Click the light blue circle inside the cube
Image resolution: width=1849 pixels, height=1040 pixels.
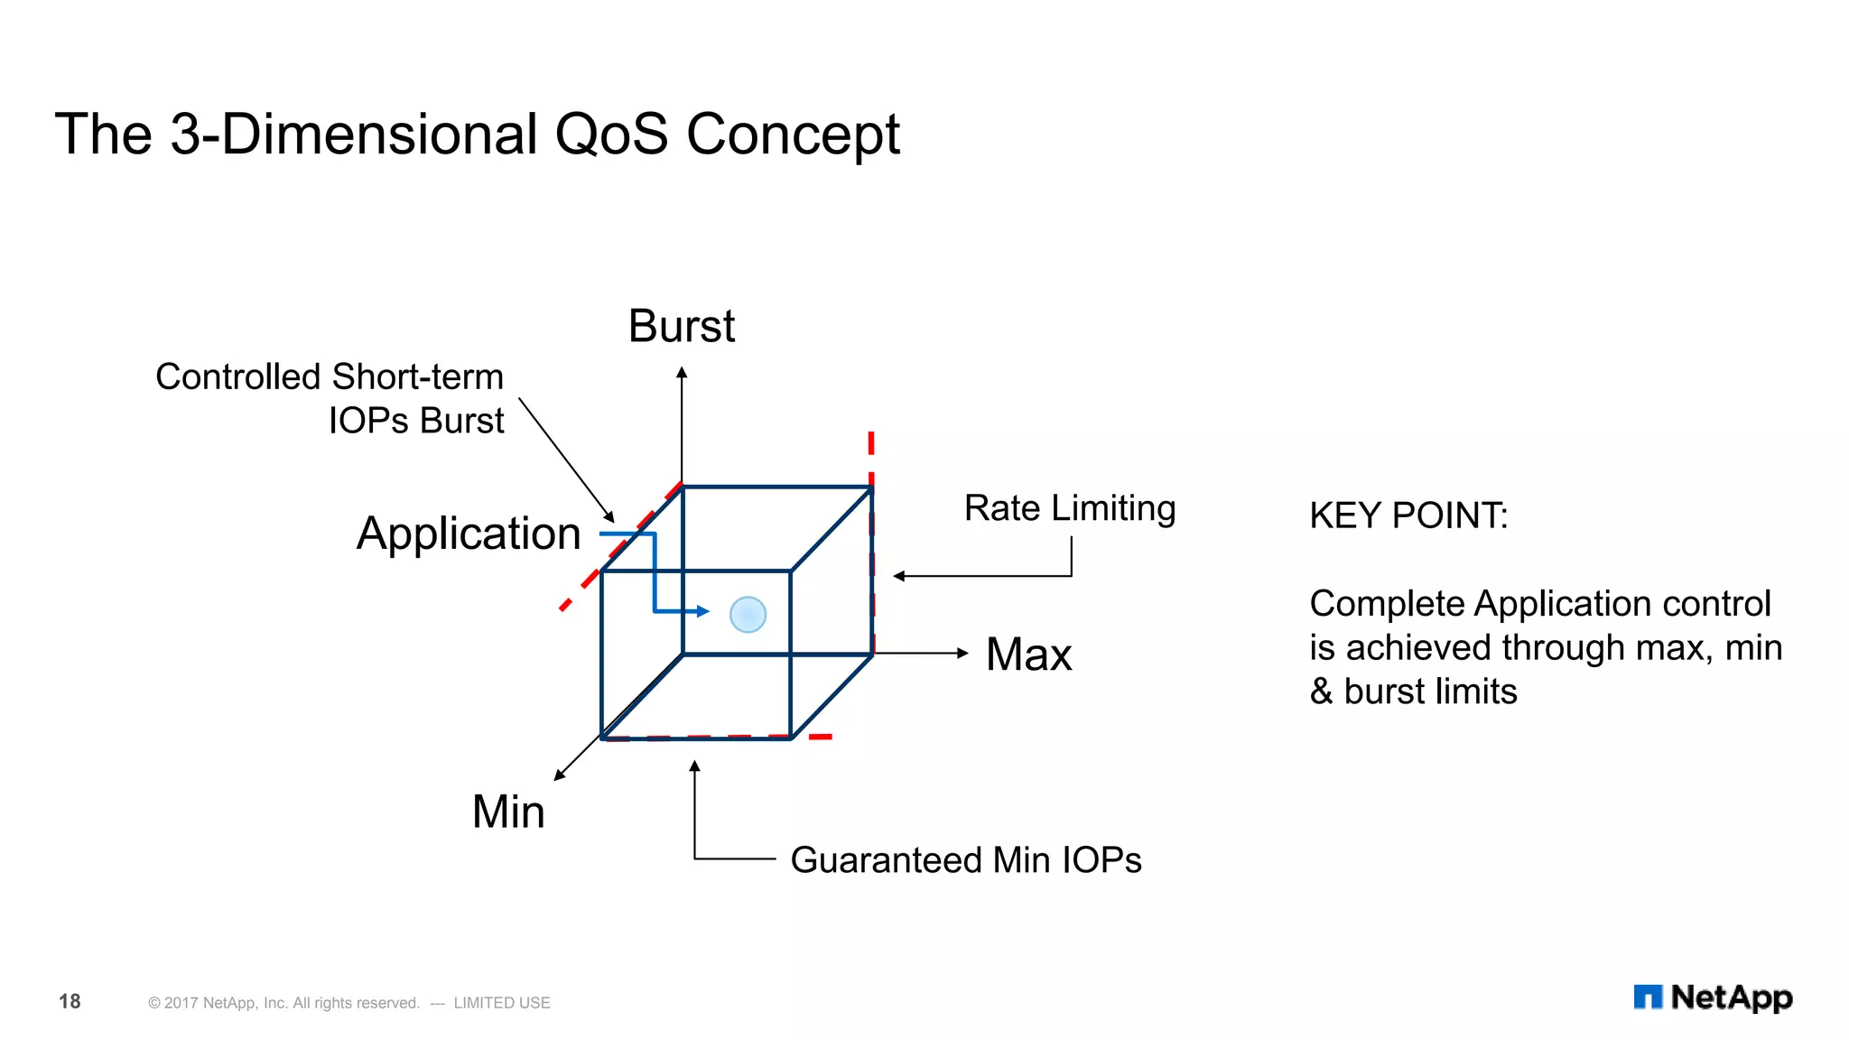click(748, 615)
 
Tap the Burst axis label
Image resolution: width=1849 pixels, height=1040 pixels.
click(682, 326)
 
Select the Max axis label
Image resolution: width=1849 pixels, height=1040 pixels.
click(1028, 655)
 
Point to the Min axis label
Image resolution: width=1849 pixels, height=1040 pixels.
click(508, 812)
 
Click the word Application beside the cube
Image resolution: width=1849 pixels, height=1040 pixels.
click(469, 534)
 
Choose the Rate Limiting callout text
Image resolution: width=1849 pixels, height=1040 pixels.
click(1070, 508)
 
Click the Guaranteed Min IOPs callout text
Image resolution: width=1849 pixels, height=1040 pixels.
click(965, 860)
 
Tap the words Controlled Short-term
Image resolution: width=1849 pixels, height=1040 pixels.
click(330, 377)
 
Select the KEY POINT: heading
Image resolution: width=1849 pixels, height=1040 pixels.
click(1408, 516)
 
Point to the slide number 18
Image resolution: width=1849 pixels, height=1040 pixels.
click(70, 1001)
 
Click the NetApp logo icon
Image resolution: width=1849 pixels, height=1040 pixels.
click(1648, 997)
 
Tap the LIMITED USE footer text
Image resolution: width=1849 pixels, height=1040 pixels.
click(502, 1003)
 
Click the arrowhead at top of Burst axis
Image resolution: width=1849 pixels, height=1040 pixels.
click(682, 372)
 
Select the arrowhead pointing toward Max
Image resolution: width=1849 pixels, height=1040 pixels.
click(962, 653)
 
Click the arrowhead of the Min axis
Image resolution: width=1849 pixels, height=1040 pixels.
click(560, 775)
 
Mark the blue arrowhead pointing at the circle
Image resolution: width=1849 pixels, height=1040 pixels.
click(703, 611)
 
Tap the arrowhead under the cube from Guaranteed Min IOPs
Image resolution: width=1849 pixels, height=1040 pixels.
click(694, 766)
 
